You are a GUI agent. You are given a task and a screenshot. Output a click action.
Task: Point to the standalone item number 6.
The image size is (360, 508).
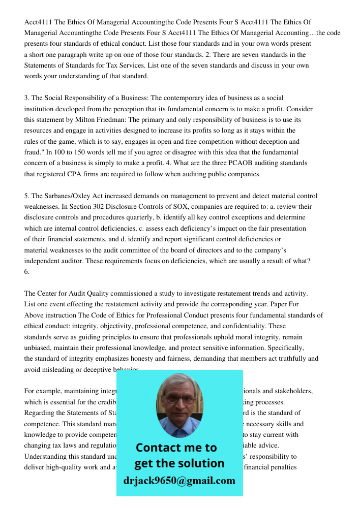pos(27,272)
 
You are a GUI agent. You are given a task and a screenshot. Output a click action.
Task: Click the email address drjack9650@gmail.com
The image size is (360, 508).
pos(179,481)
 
